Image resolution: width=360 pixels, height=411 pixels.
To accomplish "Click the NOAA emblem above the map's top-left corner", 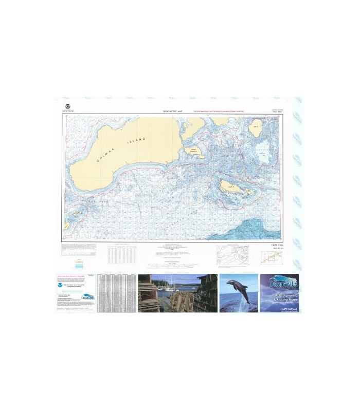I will tap(65, 105).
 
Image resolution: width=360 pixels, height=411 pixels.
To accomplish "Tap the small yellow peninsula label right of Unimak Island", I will tap(194, 151).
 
